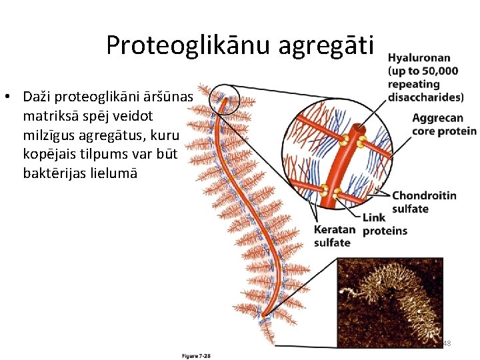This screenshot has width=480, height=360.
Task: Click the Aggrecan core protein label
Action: click(x=444, y=125)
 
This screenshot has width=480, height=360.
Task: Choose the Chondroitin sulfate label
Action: click(x=424, y=202)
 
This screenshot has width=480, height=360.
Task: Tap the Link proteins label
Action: click(x=384, y=225)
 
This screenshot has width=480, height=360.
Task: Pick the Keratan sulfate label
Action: click(x=334, y=236)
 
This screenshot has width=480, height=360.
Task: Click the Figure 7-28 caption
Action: click(x=197, y=356)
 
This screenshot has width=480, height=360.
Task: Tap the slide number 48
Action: click(x=447, y=343)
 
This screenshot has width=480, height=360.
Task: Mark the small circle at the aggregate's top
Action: click(x=223, y=102)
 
